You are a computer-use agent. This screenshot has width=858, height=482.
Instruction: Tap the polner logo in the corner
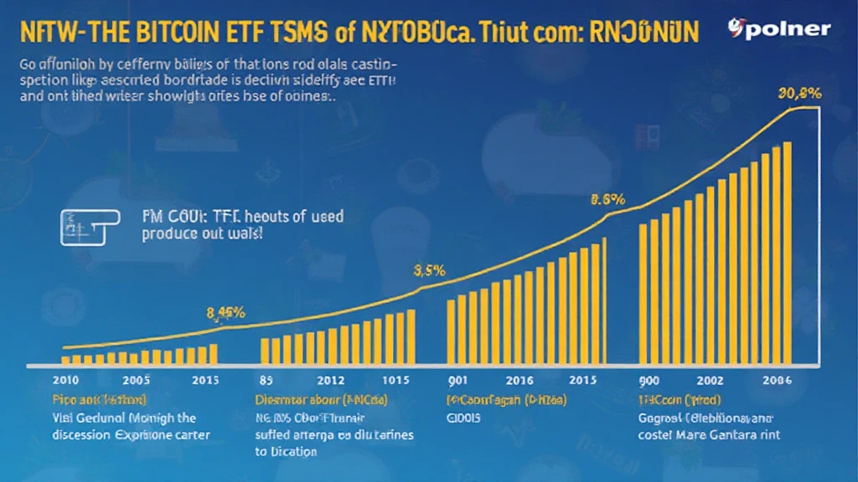point(779,29)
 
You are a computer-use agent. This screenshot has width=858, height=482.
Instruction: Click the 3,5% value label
point(429,271)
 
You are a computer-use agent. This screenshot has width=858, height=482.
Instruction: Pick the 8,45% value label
point(225,314)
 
